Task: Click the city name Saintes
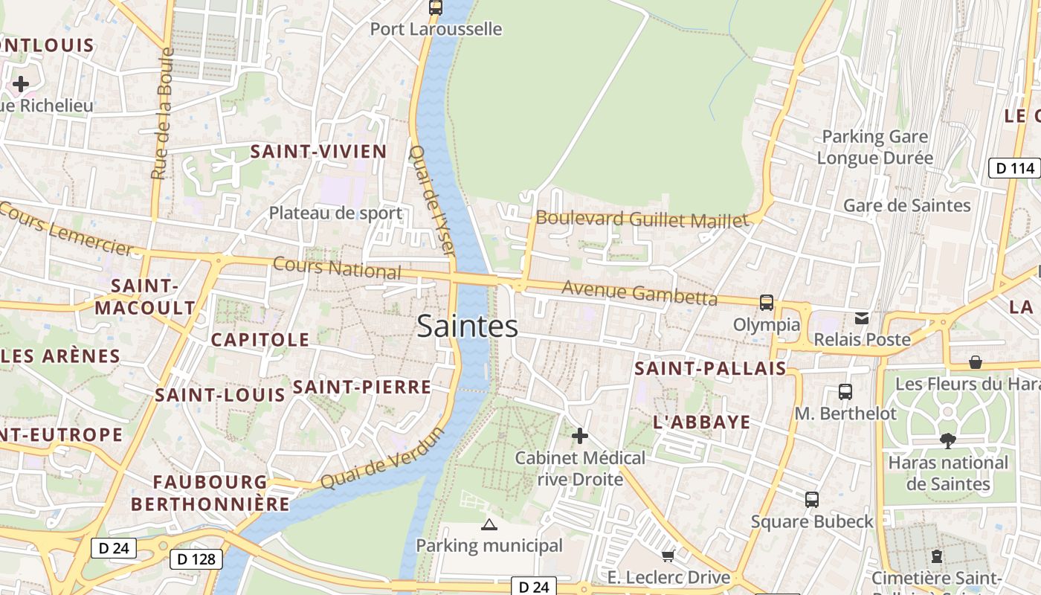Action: coord(467,326)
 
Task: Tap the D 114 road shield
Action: coord(1014,168)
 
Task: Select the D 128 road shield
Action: coord(196,559)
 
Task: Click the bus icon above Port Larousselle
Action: coord(436,7)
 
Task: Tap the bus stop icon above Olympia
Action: coord(767,303)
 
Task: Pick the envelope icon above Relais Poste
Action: coord(862,318)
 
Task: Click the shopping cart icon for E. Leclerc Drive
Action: coord(668,556)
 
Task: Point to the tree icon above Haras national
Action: coord(947,440)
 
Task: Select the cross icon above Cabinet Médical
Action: coord(580,436)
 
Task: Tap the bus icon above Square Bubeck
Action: coord(812,500)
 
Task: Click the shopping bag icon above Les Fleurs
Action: coord(976,362)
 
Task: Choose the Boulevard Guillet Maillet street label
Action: coord(642,219)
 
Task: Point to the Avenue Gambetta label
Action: coord(639,292)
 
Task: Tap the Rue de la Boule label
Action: coord(162,114)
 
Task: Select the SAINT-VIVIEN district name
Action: coord(318,152)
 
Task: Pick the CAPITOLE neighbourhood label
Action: coord(260,340)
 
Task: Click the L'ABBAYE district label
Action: coord(702,422)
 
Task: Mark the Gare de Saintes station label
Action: coord(906,205)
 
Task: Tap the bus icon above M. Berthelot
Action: coord(845,392)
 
